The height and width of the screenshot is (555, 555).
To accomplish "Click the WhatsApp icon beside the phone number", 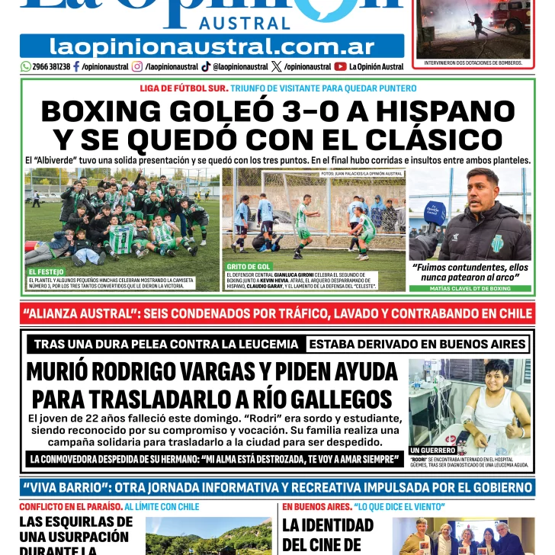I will click(x=26, y=67).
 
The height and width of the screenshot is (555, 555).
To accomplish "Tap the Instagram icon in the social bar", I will click(x=137, y=67).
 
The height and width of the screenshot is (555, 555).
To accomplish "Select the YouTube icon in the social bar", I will click(x=340, y=67).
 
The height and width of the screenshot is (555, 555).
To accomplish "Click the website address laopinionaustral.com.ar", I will click(x=212, y=46).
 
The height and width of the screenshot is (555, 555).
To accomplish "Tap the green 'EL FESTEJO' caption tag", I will click(x=46, y=272).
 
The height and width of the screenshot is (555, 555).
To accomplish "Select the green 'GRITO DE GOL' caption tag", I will click(x=249, y=267).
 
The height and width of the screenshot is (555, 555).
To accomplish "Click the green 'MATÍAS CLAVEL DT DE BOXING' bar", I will click(x=470, y=289).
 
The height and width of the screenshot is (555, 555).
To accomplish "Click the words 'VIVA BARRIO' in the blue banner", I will click(x=69, y=488).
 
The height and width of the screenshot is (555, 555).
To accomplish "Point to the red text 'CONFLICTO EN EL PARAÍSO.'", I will click(x=70, y=507).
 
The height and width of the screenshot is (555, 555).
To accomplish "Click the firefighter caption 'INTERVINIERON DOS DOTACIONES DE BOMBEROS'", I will click(x=473, y=63).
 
